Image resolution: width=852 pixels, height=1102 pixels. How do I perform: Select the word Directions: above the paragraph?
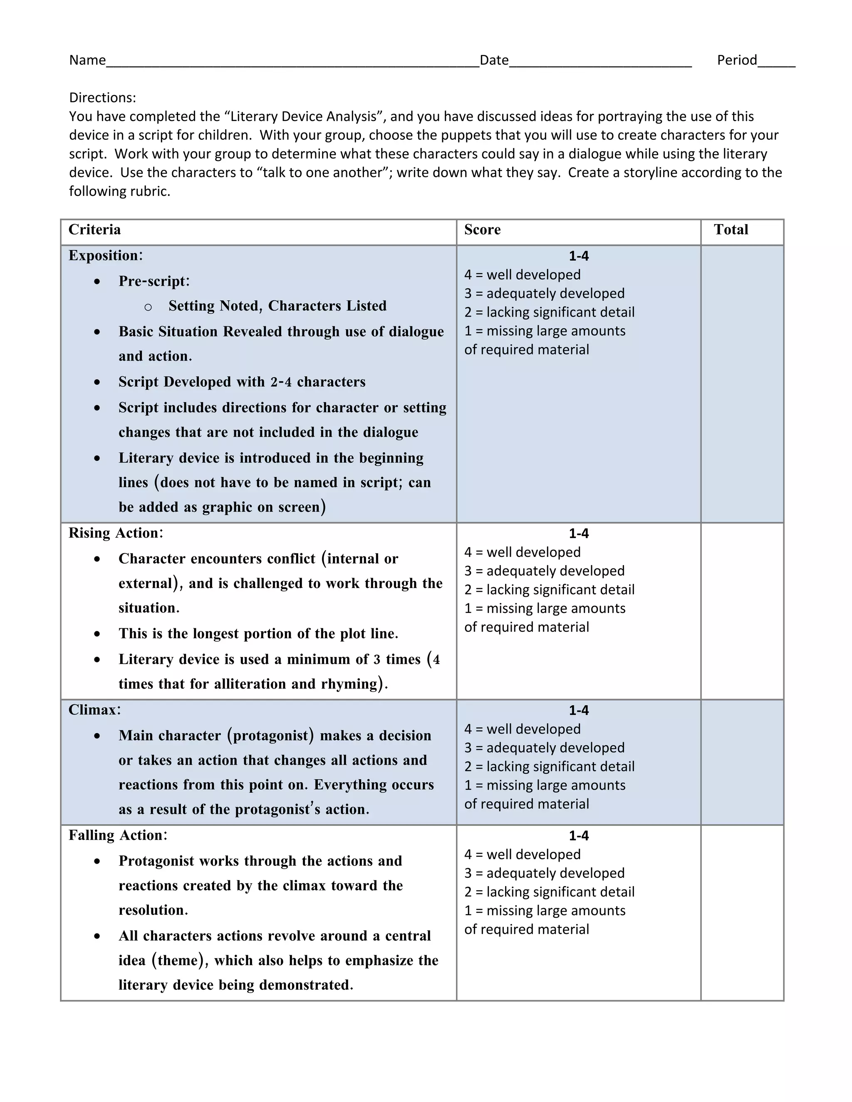pyautogui.click(x=102, y=97)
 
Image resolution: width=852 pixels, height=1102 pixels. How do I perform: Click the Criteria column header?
pyautogui.click(x=94, y=230)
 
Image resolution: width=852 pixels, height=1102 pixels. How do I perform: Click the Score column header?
pyautogui.click(x=482, y=230)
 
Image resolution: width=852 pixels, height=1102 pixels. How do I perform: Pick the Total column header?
pyautogui.click(x=731, y=230)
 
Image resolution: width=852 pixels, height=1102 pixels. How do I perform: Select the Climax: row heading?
pyautogui.click(x=94, y=710)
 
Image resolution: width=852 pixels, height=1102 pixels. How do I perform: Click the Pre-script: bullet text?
pyautogui.click(x=154, y=282)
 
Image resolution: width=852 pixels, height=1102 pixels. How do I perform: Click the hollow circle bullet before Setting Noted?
pyautogui.click(x=148, y=307)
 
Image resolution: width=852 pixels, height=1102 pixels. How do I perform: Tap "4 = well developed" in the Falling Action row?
pyautogui.click(x=522, y=854)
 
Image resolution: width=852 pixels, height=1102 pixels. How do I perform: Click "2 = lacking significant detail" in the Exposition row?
pyautogui.click(x=549, y=312)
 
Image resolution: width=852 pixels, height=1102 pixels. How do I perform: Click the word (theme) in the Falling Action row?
pyautogui.click(x=180, y=960)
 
